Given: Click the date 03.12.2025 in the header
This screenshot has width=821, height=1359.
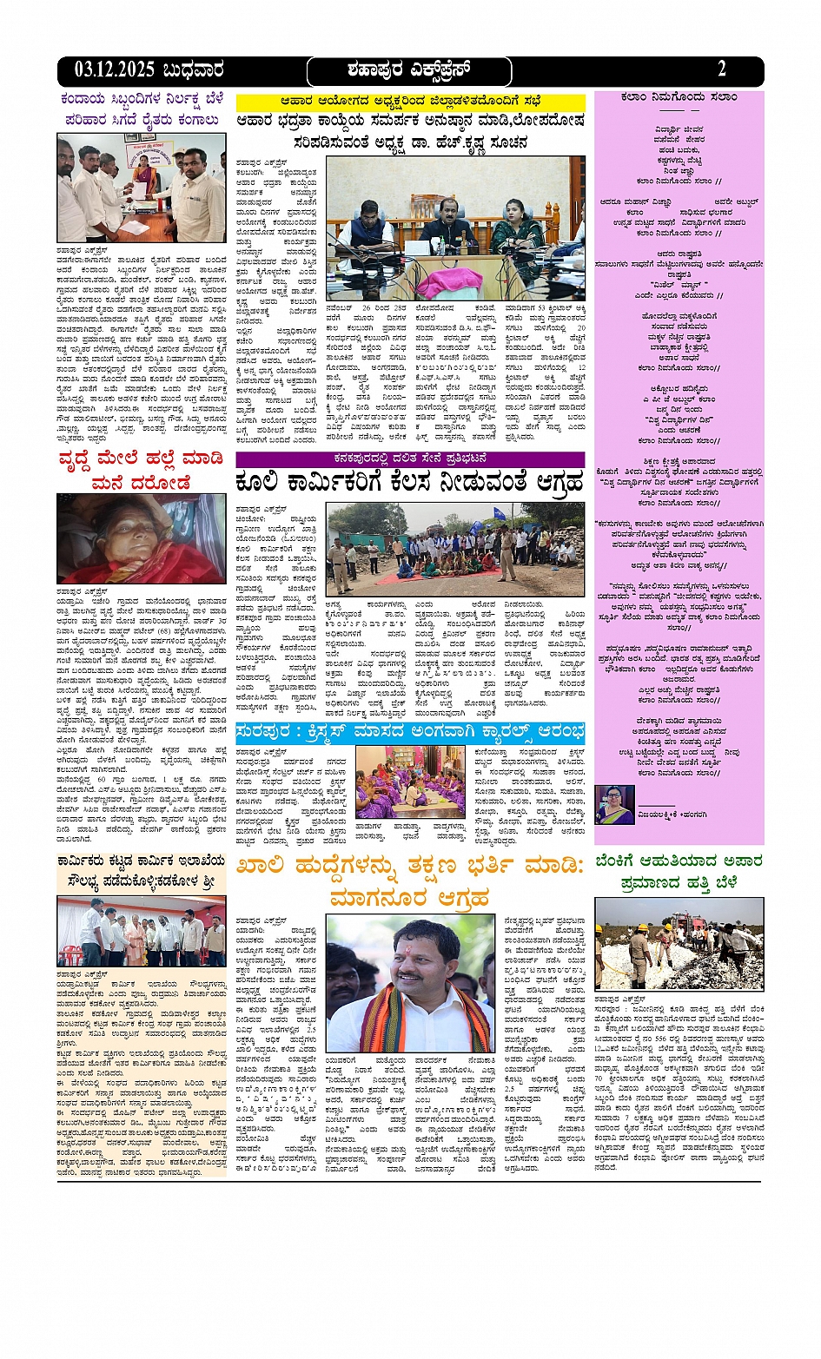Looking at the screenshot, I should [114, 70].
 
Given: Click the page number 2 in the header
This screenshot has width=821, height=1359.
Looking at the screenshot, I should [722, 69].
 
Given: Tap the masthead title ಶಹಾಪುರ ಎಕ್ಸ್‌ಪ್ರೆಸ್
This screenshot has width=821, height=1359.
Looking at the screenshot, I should [409, 70].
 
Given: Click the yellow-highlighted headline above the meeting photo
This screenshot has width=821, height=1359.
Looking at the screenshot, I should [410, 102].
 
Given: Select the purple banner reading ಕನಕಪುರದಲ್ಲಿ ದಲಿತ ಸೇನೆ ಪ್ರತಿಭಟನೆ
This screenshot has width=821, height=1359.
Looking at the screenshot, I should [410, 458].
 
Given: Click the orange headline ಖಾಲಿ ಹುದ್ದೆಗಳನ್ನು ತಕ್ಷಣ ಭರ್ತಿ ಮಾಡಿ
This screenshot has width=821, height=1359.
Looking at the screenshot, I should [410, 880].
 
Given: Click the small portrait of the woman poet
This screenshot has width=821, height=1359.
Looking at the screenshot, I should [614, 805].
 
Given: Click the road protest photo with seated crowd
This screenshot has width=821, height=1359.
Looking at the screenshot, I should [455, 548].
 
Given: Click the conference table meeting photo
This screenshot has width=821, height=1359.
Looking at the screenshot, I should [455, 228].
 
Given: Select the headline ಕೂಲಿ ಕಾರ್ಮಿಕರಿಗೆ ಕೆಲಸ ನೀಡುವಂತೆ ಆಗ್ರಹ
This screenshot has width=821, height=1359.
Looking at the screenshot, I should [410, 483].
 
